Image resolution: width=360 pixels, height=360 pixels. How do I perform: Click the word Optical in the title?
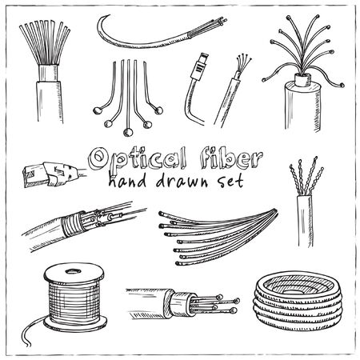click(x=138, y=159)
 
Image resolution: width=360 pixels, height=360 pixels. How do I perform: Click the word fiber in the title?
click(x=231, y=159)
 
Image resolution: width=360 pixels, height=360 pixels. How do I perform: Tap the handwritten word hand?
click(x=127, y=181)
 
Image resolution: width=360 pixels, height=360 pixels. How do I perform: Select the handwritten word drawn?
click(x=182, y=181)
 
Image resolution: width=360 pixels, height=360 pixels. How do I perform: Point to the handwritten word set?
click(x=230, y=182)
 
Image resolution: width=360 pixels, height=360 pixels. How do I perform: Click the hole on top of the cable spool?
click(x=73, y=271)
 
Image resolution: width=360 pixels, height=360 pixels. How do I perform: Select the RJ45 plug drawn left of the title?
click(x=50, y=174)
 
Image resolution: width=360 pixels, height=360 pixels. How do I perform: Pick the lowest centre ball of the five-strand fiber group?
click(x=128, y=132)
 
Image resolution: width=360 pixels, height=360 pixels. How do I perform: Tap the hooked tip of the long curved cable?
click(x=103, y=18)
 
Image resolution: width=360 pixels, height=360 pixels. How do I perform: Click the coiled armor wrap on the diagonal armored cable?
click(x=71, y=224)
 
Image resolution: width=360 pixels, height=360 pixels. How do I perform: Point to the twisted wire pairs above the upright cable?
click(x=306, y=176)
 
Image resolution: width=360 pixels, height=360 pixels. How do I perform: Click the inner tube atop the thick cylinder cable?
click(x=303, y=79)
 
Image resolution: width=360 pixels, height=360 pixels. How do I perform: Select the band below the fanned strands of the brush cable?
click(x=48, y=73)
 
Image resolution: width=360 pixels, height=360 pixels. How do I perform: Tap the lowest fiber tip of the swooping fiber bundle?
click(x=178, y=263)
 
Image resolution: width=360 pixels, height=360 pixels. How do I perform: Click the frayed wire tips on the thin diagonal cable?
click(x=243, y=62)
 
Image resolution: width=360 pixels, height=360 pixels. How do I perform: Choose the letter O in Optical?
click(x=98, y=158)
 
